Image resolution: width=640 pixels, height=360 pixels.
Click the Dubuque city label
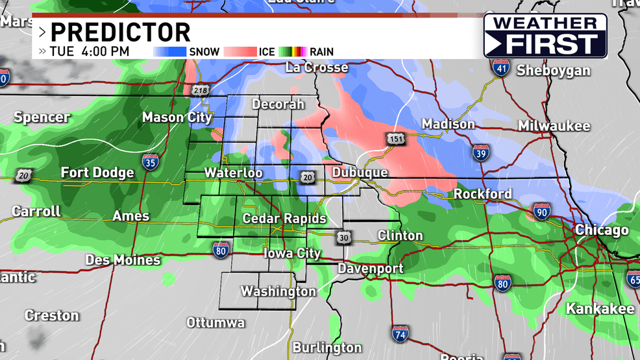(360, 173)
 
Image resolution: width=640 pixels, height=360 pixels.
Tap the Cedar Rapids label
(284, 219)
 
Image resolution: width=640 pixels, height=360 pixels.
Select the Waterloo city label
(233, 173)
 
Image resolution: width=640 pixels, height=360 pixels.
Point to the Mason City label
(177, 117)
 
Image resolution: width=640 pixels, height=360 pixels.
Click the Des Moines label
(123, 260)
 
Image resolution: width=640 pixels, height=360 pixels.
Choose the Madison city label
(448, 124)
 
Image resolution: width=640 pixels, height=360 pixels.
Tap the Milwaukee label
(554, 126)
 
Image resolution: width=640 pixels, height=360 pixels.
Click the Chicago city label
(602, 230)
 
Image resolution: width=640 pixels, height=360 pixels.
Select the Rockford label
(482, 194)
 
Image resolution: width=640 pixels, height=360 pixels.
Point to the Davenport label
(370, 268)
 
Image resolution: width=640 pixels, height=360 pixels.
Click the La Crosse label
(317, 67)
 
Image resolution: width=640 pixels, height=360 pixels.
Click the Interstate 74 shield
(400, 334)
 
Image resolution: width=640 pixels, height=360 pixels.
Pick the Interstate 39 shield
(480, 152)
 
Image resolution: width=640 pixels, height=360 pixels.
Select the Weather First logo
(545, 36)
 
